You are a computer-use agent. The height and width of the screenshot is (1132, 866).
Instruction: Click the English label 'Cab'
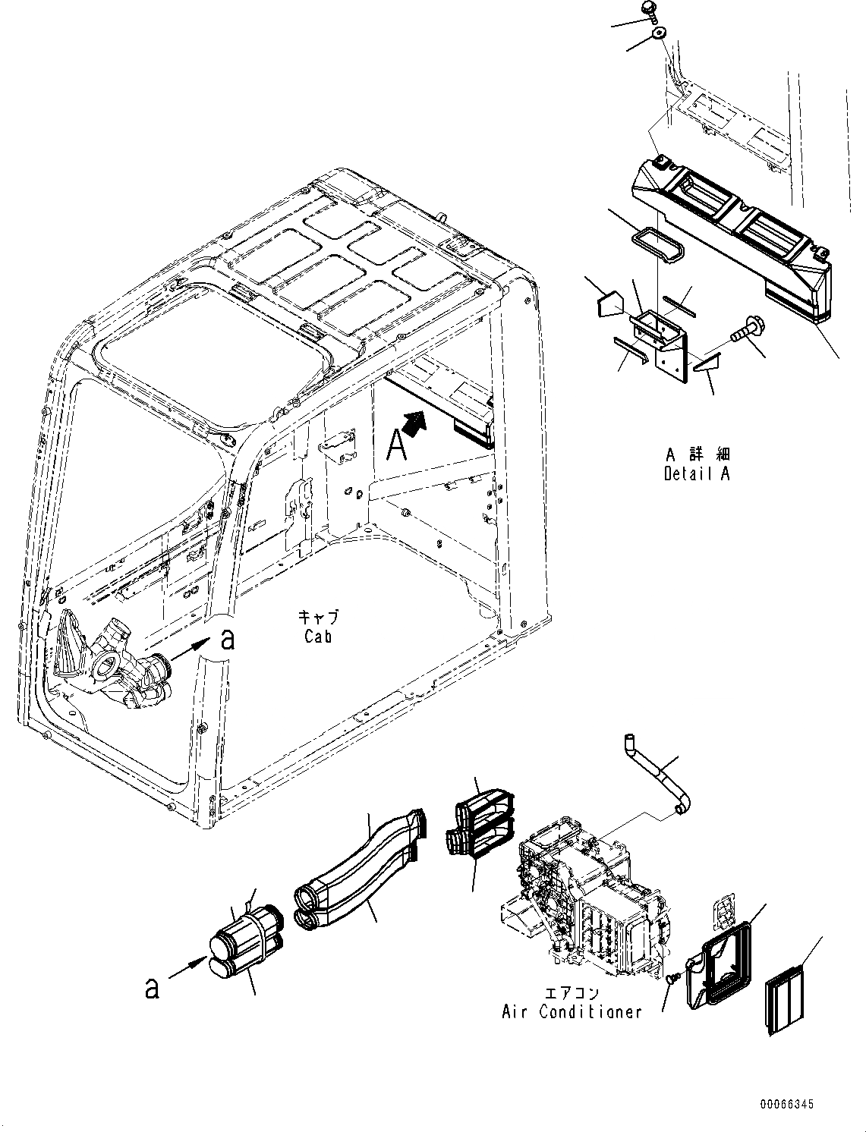point(318,637)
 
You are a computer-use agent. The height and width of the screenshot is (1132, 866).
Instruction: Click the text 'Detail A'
point(697,474)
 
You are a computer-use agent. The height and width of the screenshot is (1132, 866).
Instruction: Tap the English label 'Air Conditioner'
point(572,1011)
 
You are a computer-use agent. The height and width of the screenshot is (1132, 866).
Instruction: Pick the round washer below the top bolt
point(659,33)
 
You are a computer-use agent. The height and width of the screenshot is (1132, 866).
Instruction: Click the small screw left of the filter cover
point(672,980)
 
